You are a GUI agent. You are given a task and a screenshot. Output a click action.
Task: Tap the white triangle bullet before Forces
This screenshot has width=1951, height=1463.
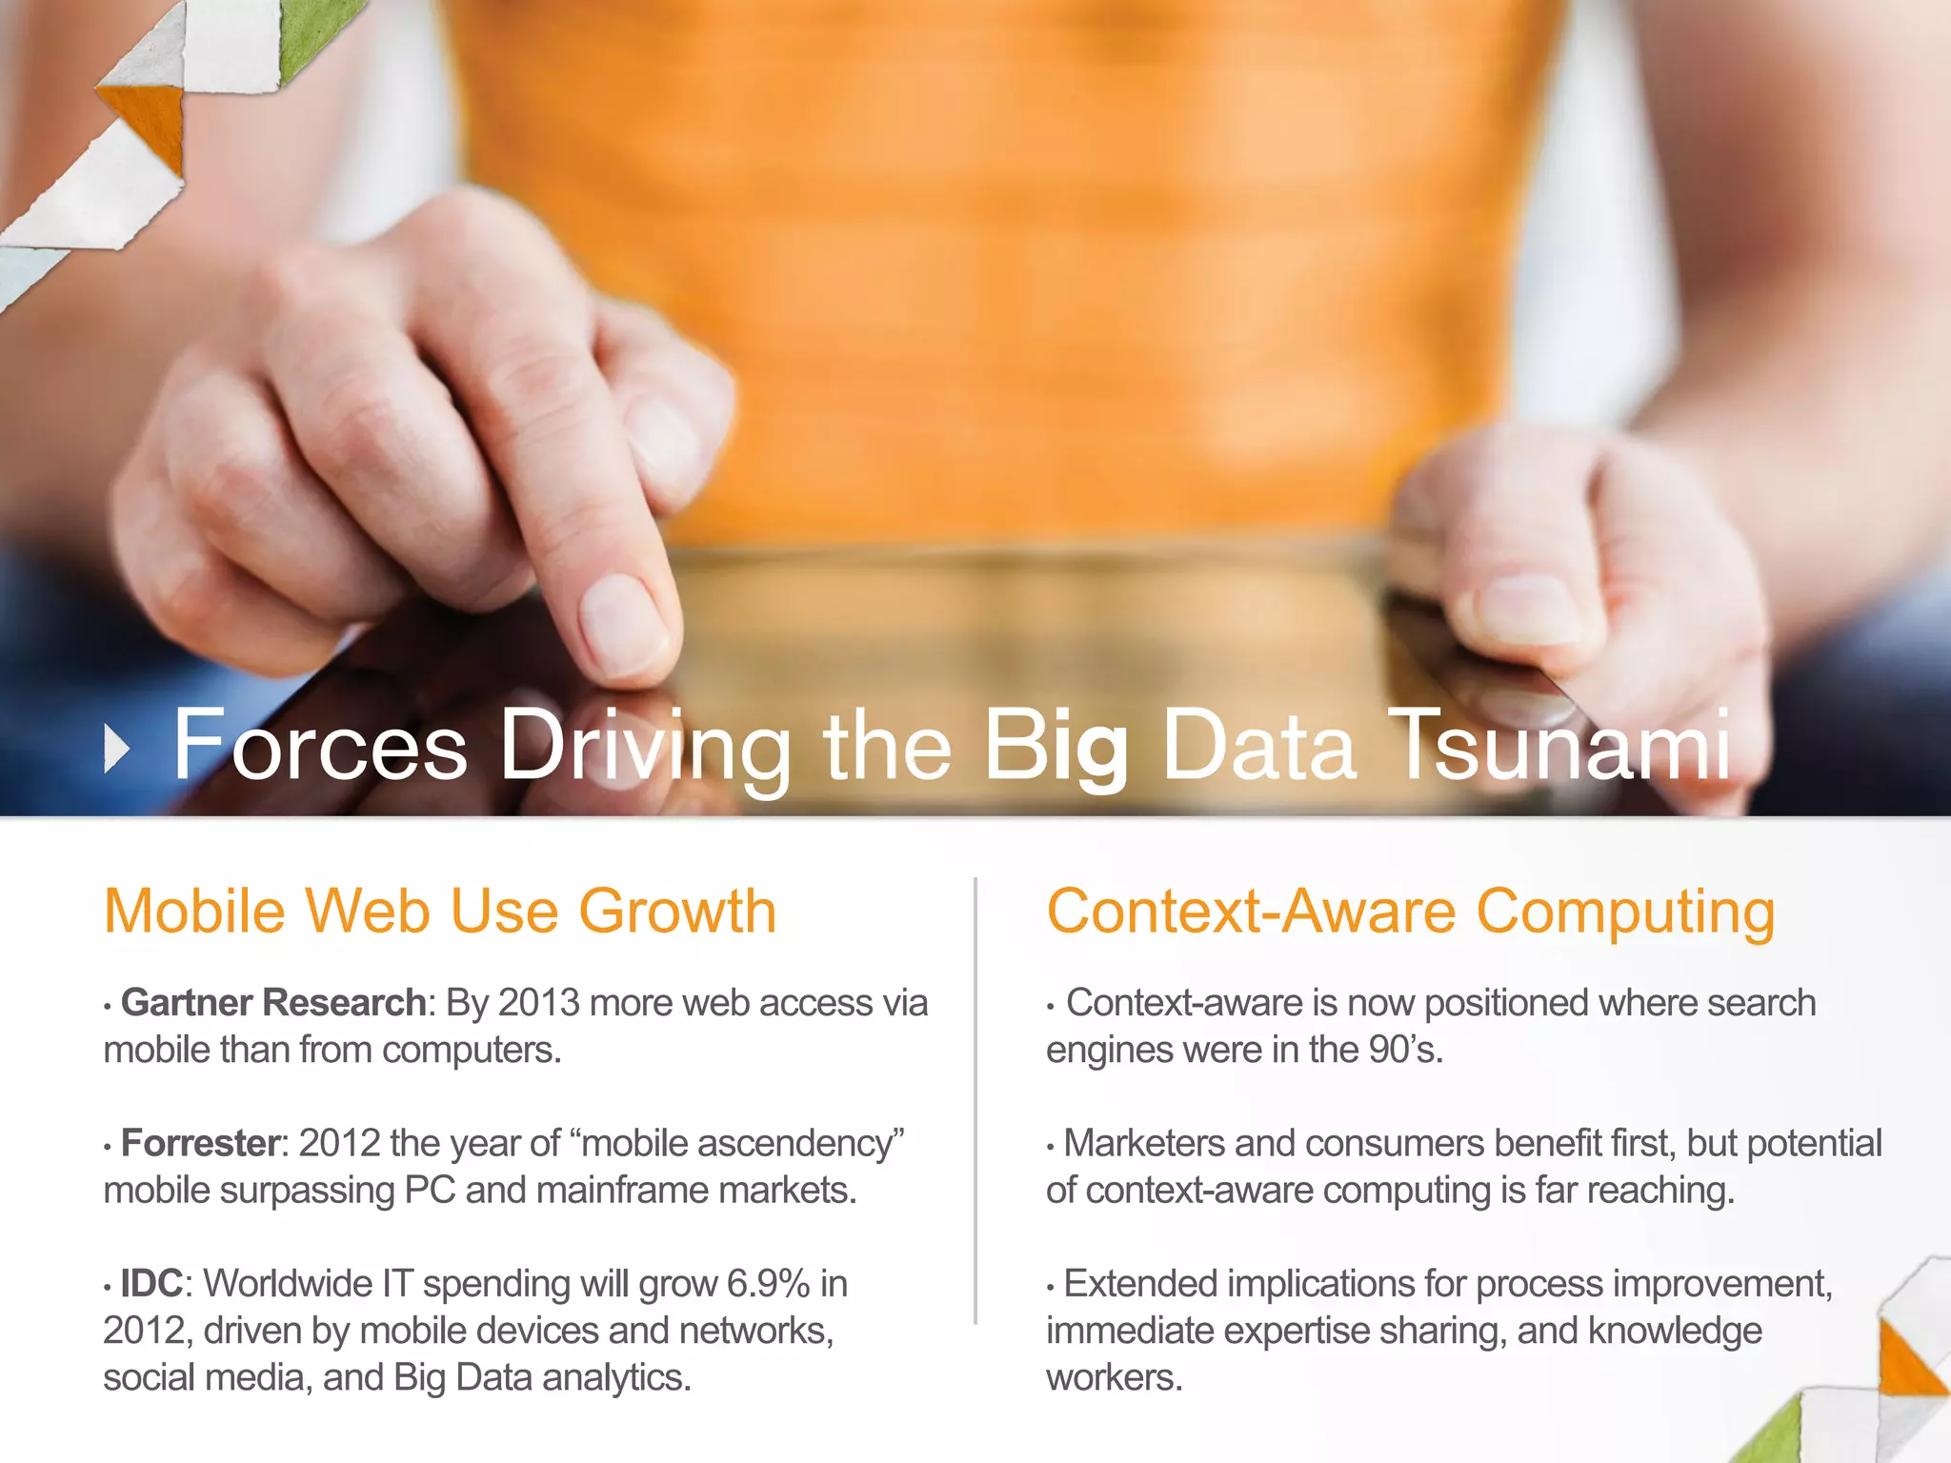tap(115, 749)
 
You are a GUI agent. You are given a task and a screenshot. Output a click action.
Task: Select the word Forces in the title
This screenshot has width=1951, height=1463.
tap(320, 747)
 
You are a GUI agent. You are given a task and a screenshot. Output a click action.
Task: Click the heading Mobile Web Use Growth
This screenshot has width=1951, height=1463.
tap(439, 912)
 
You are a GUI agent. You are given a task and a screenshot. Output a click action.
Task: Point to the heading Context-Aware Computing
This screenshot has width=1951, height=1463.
tap(1410, 912)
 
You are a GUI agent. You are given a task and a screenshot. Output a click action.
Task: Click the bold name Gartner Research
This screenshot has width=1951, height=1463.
tap(272, 1003)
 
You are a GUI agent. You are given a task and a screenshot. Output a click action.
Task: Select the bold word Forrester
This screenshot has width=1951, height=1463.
tap(200, 1143)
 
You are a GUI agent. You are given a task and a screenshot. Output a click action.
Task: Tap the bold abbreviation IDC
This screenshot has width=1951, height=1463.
tap(151, 1284)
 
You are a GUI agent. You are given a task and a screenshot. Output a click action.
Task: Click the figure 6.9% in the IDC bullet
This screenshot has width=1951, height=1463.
tap(767, 1284)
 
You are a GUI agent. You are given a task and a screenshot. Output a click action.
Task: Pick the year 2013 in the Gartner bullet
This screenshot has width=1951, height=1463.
tap(538, 1003)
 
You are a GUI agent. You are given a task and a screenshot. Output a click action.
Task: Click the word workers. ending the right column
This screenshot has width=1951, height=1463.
tap(1114, 1378)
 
